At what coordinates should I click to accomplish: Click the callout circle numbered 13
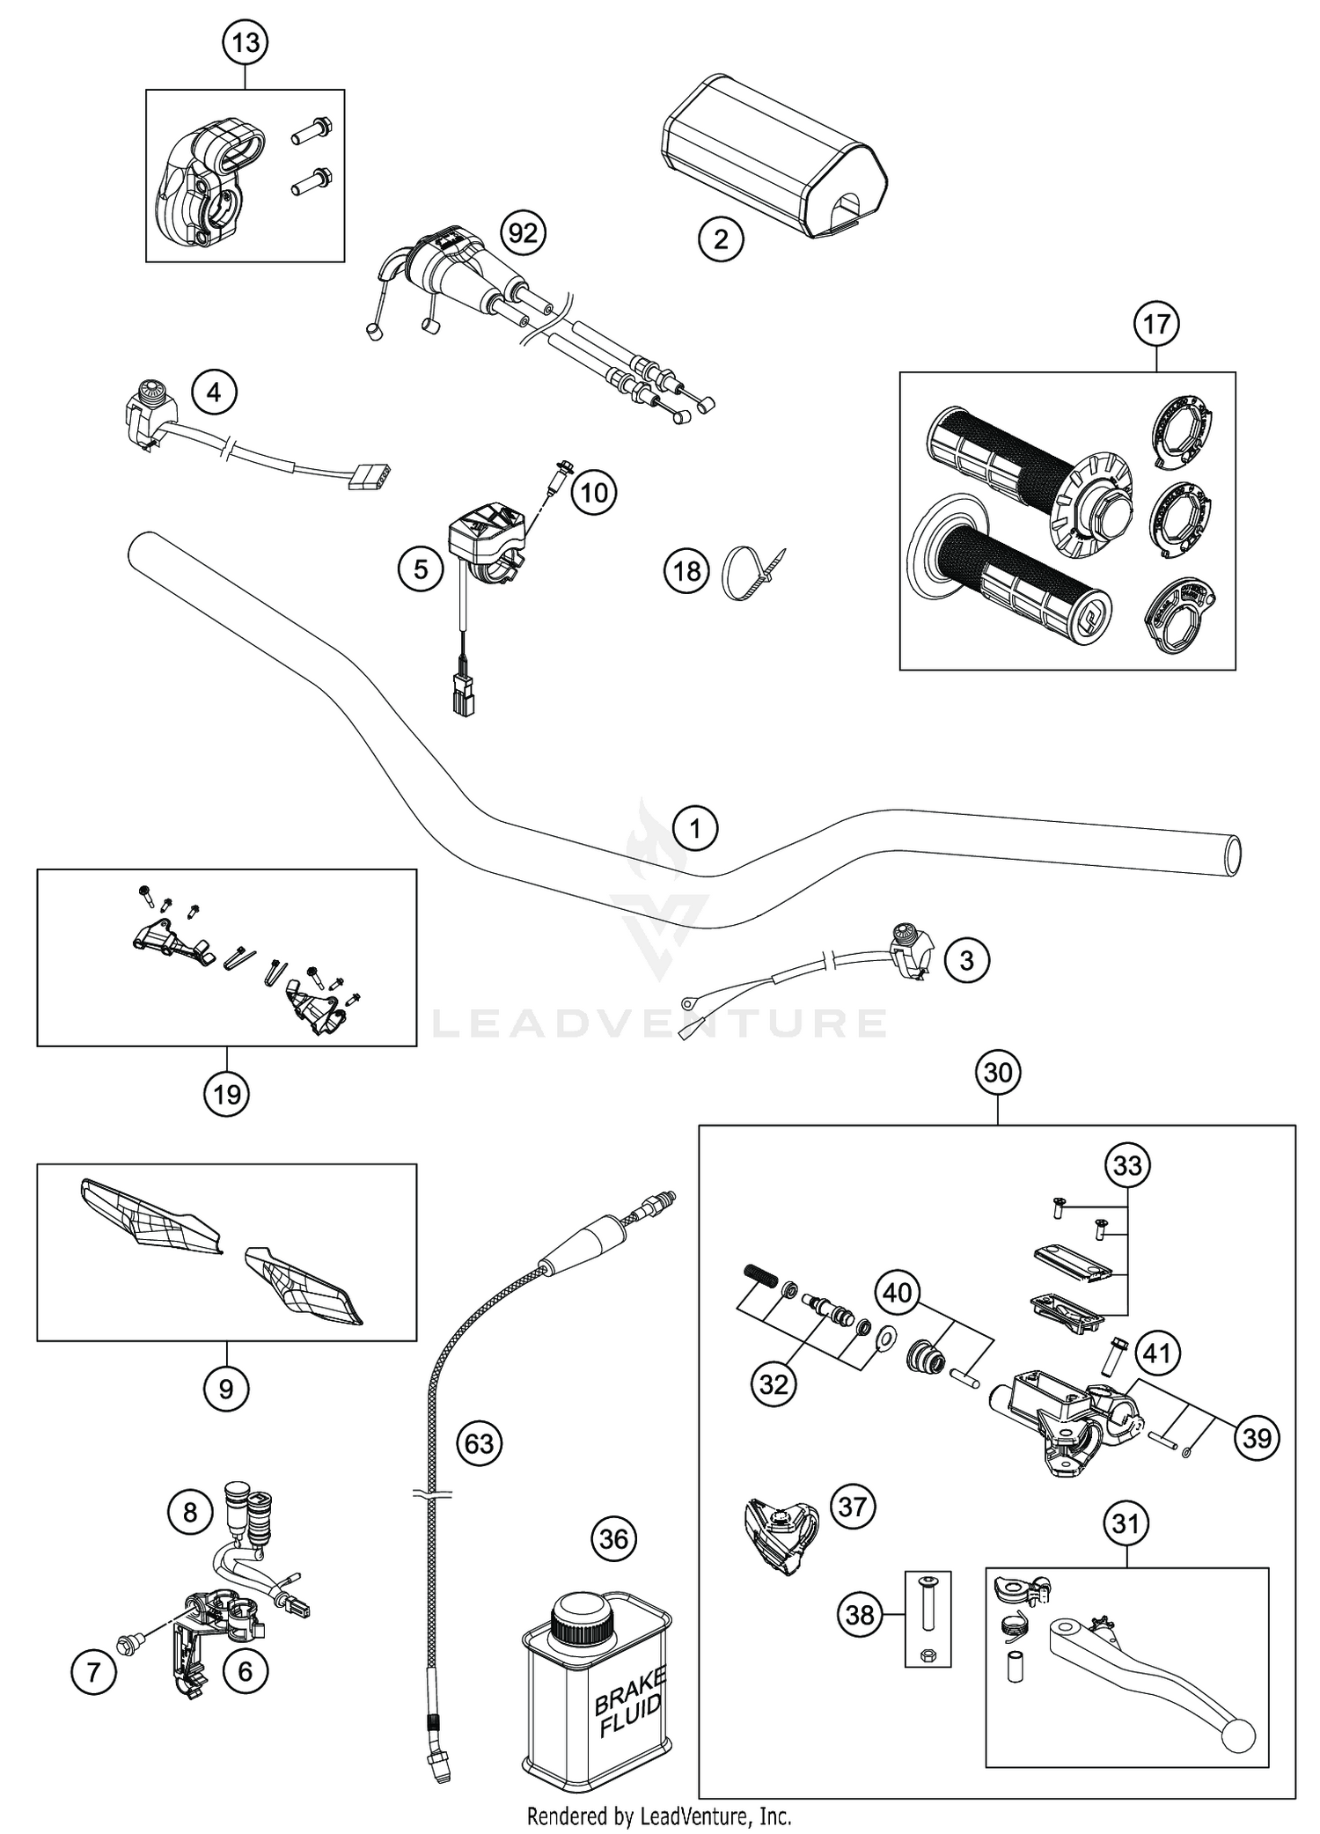(245, 42)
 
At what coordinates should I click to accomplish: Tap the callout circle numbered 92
(523, 233)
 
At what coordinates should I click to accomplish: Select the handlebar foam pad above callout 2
(774, 154)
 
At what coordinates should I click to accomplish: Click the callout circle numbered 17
(1156, 324)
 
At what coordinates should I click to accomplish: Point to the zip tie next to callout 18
(752, 572)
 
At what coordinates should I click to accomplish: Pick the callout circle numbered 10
(594, 493)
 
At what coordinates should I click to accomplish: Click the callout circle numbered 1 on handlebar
(695, 828)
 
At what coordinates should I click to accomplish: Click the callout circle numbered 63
(480, 1443)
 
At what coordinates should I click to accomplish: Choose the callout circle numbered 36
(613, 1539)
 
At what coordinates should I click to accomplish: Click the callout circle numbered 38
(860, 1614)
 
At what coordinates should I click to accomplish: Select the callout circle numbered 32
(774, 1384)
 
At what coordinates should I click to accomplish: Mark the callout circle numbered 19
(226, 1095)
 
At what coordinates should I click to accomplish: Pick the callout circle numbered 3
(966, 960)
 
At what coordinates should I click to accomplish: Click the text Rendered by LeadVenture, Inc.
(659, 1815)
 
